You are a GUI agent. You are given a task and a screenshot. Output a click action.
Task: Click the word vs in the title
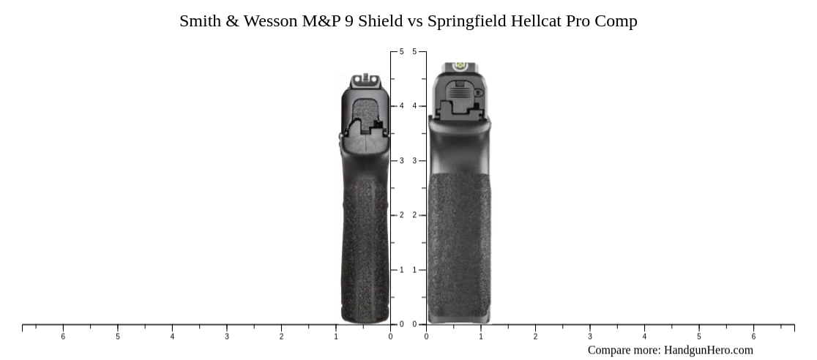coord(415,21)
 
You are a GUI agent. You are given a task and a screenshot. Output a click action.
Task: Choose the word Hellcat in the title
coord(538,21)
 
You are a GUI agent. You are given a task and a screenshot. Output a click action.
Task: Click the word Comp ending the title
coord(616,21)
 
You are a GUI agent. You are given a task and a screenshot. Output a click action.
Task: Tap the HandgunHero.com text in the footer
coord(708,350)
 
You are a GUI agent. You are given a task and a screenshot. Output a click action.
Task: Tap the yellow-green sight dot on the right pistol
coord(461,66)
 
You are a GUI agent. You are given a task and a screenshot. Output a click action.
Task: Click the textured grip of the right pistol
coord(459,241)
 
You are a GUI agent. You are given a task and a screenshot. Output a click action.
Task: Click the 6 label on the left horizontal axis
coord(63,337)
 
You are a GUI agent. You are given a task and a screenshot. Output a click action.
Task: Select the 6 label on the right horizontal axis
coord(753,337)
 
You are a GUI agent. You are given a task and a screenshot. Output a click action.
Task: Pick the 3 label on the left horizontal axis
coord(227,337)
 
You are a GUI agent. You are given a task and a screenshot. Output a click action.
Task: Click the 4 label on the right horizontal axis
coord(644,337)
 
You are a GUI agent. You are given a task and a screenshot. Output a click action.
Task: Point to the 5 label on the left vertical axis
coord(400,52)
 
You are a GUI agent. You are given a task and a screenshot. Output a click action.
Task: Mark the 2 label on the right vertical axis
coord(414,215)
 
